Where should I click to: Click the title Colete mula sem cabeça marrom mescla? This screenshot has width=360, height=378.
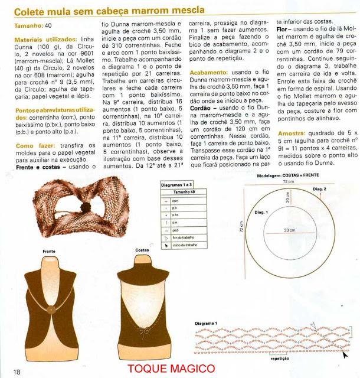(x=110, y=9)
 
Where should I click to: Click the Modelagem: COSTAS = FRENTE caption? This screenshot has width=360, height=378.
(x=290, y=175)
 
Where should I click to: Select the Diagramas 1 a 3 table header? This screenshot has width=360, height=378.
(x=178, y=184)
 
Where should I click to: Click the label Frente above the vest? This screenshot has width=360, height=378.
(x=50, y=251)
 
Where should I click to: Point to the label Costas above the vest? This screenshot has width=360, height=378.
(x=142, y=250)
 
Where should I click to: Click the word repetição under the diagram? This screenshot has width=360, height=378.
(x=280, y=358)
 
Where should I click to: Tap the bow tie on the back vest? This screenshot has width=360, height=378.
(x=140, y=325)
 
